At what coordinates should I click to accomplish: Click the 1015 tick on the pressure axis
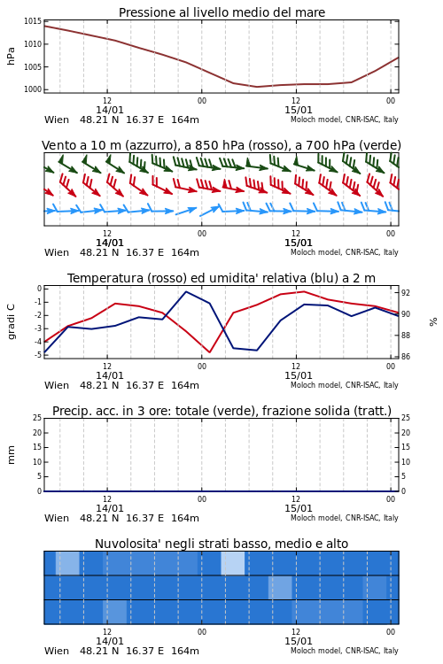(x=33, y=21)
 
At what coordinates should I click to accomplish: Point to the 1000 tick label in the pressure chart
(x=33, y=89)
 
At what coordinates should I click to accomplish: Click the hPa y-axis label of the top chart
(x=11, y=56)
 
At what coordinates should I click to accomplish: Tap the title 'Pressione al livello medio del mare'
(x=221, y=12)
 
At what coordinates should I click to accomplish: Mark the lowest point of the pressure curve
(x=257, y=87)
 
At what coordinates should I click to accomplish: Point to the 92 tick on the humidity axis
(x=406, y=293)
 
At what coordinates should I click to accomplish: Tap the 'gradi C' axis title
(x=11, y=322)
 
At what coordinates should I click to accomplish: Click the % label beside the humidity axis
(x=433, y=322)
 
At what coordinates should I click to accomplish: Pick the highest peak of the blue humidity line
(x=186, y=291)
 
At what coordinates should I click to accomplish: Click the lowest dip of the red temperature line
(x=209, y=352)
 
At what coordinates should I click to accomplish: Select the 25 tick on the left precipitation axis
(x=37, y=418)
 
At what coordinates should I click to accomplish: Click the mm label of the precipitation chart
(x=11, y=455)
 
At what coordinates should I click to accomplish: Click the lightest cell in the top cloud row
(x=233, y=563)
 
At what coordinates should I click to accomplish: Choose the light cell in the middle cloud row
(x=280, y=588)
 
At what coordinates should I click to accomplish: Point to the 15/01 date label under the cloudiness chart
(x=299, y=641)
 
